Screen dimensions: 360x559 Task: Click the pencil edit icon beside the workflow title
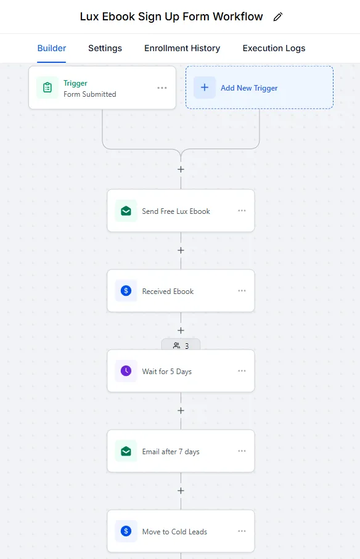pyautogui.click(x=278, y=17)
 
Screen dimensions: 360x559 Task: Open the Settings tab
pyautogui.click(x=105, y=48)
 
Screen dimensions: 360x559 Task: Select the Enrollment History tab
pyautogui.click(x=182, y=48)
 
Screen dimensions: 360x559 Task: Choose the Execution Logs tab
pyautogui.click(x=274, y=48)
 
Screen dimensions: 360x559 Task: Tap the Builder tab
pyautogui.click(x=52, y=48)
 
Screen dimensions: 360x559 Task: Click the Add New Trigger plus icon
pyautogui.click(x=205, y=88)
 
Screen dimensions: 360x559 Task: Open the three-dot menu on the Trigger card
pyautogui.click(x=162, y=88)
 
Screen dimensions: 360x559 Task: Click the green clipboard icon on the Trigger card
pyautogui.click(x=47, y=88)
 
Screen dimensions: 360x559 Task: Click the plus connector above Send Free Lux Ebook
pyautogui.click(x=181, y=169)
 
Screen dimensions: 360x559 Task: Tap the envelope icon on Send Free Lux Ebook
pyautogui.click(x=126, y=211)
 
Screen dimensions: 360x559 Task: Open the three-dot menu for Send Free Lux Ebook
pyautogui.click(x=242, y=211)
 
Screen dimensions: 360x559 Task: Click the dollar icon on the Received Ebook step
pyautogui.click(x=126, y=291)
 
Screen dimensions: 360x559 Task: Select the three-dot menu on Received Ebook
pyautogui.click(x=242, y=290)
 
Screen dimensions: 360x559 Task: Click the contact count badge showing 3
pyautogui.click(x=181, y=345)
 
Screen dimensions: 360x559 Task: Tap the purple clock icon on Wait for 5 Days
pyautogui.click(x=126, y=371)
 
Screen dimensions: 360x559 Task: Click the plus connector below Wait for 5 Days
pyautogui.click(x=181, y=410)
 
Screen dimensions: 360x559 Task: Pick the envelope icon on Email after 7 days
pyautogui.click(x=126, y=451)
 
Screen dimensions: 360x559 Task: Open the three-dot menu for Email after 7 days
pyautogui.click(x=242, y=451)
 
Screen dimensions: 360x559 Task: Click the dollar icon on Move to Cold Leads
pyautogui.click(x=126, y=531)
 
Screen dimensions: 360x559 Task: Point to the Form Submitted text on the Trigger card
pyautogui.click(x=90, y=94)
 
